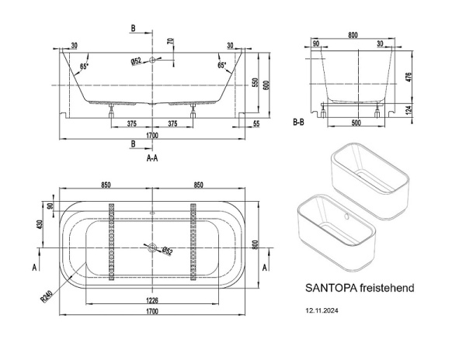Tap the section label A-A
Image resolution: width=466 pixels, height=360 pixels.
pyautogui.click(x=152, y=157)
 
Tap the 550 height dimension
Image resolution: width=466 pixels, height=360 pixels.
pyautogui.click(x=254, y=83)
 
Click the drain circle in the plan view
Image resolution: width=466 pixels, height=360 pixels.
pyautogui.click(x=152, y=249)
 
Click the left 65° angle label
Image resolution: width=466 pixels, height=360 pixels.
pyautogui.click(x=83, y=66)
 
